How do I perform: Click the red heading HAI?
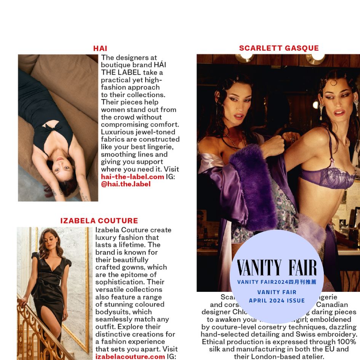coord(100,48)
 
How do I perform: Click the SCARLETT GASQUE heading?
coord(279,48)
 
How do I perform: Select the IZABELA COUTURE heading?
coord(99,221)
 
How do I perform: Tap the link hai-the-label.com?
coord(132,177)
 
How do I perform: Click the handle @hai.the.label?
coord(126,184)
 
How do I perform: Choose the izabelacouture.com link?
coord(130,357)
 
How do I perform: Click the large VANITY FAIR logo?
coord(277,268)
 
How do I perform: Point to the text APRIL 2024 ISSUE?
coord(277,300)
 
